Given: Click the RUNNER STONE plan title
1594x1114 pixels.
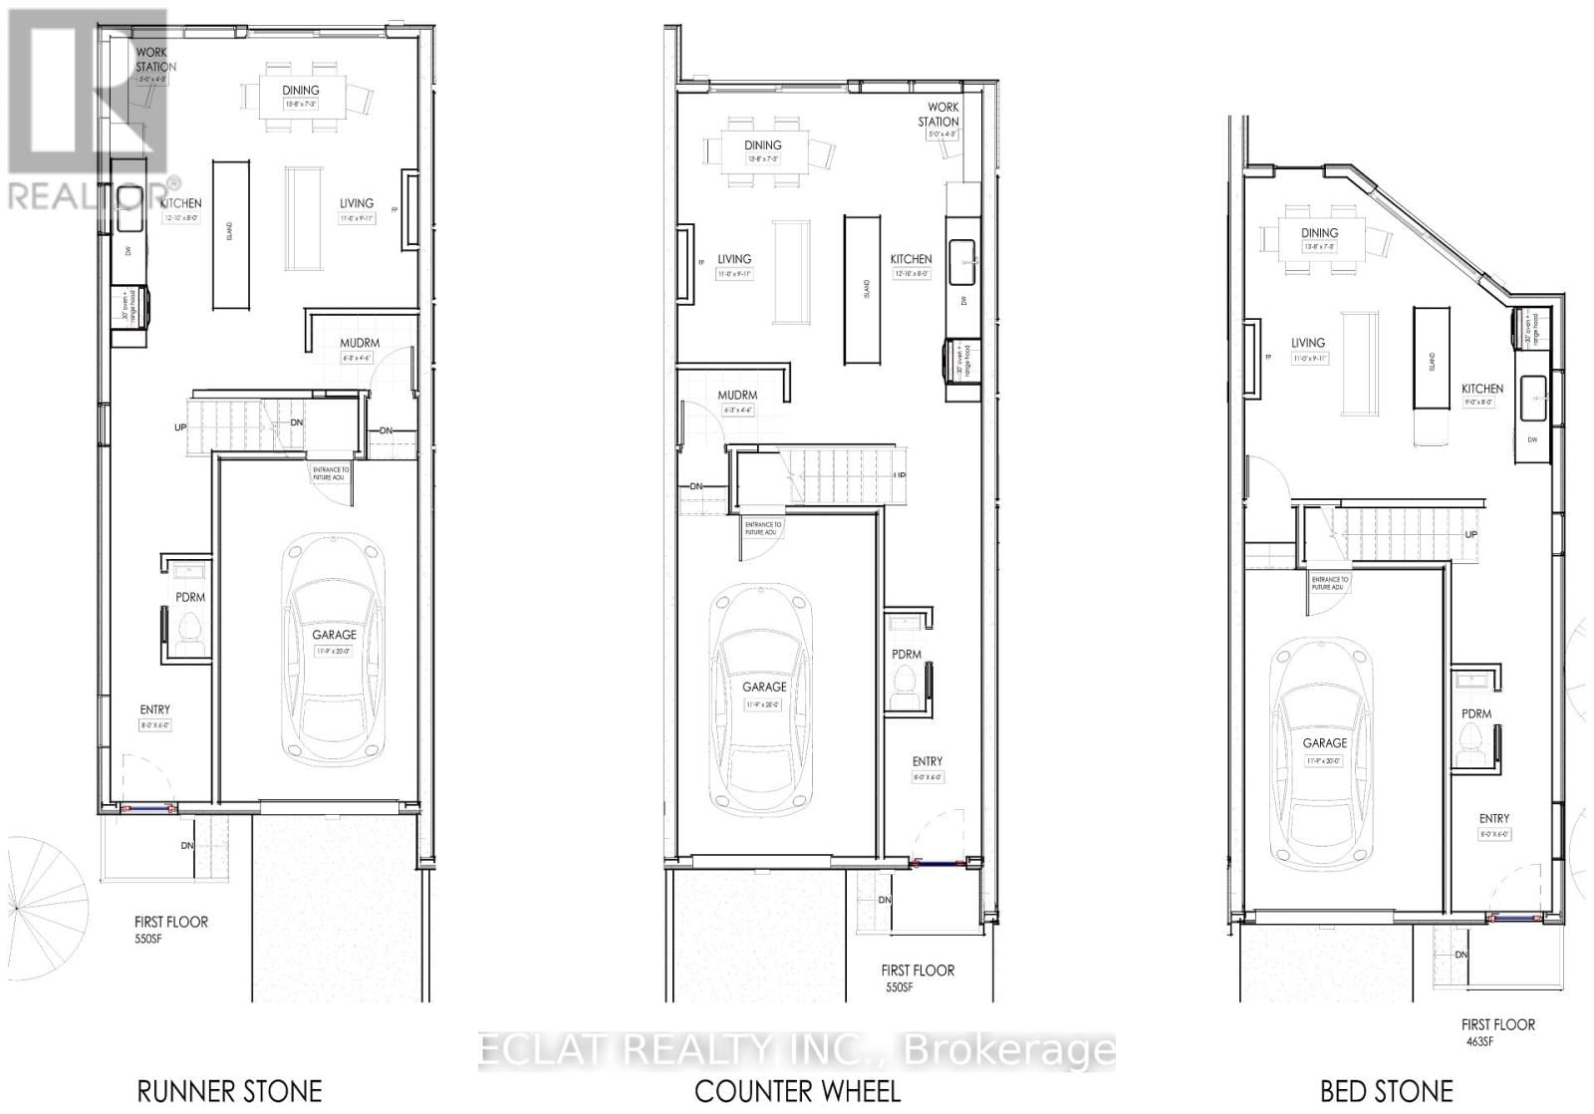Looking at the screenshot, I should (x=229, y=1091).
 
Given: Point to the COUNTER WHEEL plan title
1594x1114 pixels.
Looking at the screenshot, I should (x=797, y=1091).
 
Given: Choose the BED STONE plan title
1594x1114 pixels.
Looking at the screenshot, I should (x=1386, y=1091).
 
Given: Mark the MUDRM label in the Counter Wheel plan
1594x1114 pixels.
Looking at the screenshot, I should (x=737, y=396).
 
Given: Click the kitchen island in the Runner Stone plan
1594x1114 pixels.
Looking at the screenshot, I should (x=229, y=235).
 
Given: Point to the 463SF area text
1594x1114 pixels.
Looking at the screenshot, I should (x=1479, y=1042).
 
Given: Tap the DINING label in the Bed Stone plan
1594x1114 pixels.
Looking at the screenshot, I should (x=1320, y=233).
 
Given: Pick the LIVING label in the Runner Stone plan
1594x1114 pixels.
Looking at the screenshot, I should (x=356, y=203).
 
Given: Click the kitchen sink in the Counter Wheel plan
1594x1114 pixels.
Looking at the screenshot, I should (x=962, y=262).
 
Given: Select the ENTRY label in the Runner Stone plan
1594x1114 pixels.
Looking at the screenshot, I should (x=154, y=710).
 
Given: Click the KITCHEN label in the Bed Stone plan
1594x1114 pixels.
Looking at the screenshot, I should (x=1481, y=390).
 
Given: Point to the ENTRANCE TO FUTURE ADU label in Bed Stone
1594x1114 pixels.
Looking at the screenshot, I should (x=1329, y=583).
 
